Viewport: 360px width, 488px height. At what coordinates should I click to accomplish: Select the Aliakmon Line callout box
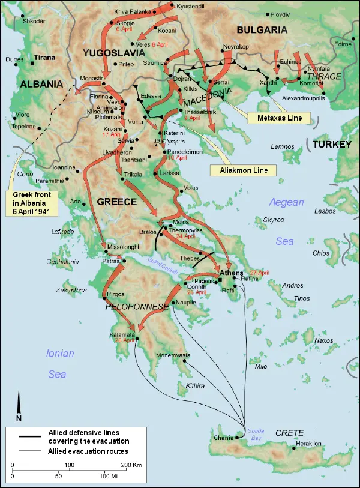coord(242,170)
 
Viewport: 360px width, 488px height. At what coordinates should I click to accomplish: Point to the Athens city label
coord(231,273)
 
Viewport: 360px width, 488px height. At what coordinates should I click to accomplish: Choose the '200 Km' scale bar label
coord(131,465)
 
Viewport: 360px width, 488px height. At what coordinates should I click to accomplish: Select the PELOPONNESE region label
coord(137,306)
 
